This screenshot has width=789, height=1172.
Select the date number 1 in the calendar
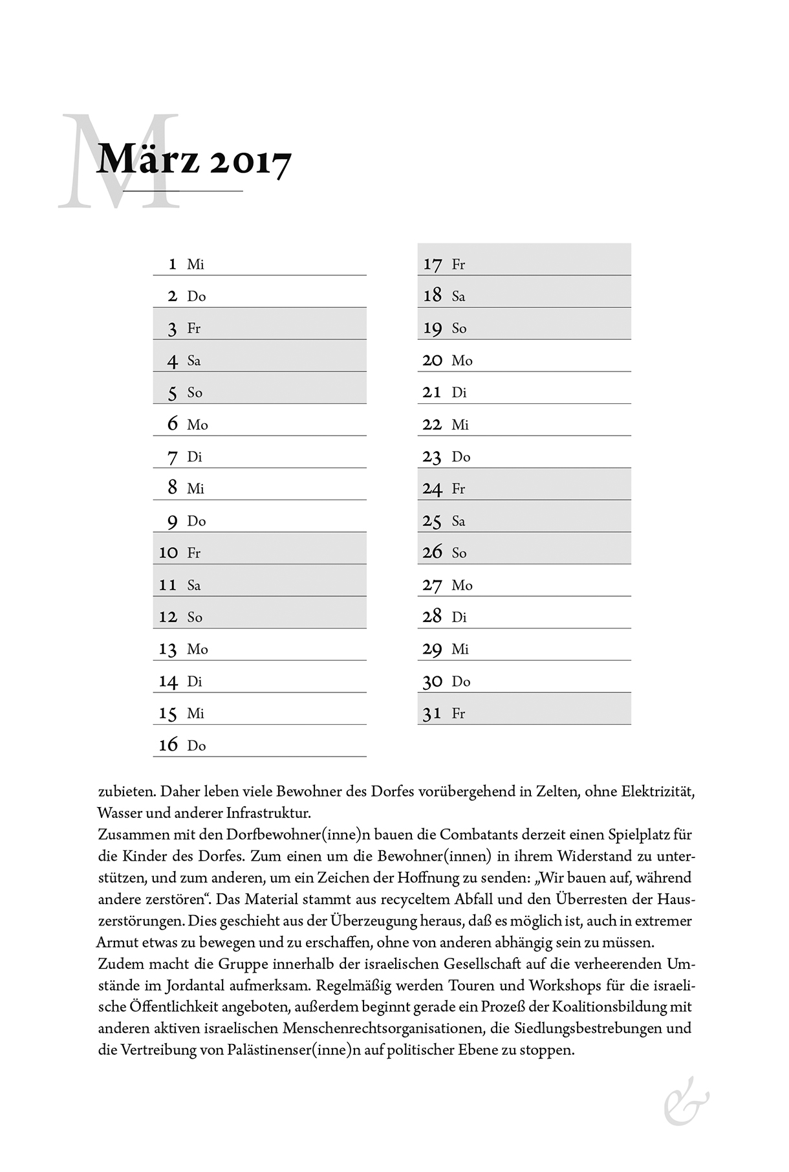(172, 264)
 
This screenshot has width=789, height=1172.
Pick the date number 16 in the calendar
(168, 746)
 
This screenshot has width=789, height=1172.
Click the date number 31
(432, 714)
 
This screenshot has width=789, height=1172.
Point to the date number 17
(433, 265)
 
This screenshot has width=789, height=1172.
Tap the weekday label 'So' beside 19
(459, 329)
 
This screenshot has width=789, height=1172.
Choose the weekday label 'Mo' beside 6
(197, 425)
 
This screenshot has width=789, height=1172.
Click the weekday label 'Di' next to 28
(459, 617)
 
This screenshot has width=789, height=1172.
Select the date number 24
(432, 489)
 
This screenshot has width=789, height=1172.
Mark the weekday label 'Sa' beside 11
(194, 586)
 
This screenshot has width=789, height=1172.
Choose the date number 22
(432, 425)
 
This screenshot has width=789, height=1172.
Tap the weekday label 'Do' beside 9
(197, 522)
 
